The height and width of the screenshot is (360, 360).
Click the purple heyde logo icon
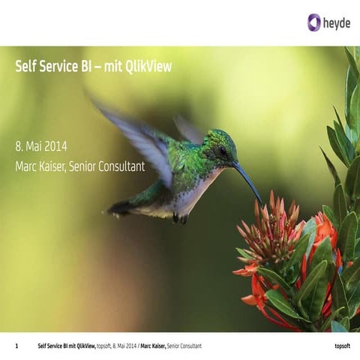313,22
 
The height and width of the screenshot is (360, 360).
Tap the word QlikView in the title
150,67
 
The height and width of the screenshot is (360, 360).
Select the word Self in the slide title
25,67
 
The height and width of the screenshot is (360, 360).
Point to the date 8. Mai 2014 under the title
40,146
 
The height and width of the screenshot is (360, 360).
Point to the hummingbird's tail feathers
120,206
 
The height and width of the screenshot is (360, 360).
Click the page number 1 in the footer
16,346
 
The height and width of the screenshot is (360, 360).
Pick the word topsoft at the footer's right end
342,346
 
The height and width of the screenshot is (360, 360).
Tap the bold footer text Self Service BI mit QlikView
66,346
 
